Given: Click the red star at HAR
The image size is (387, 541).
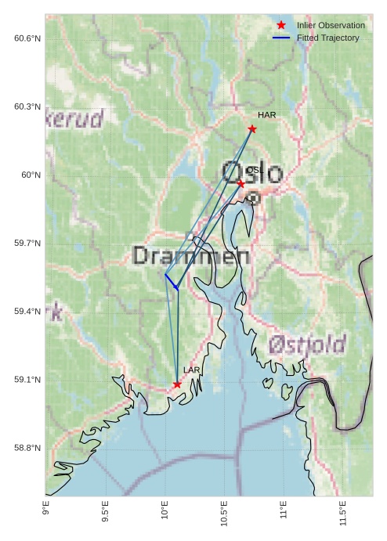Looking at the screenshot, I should [252, 128].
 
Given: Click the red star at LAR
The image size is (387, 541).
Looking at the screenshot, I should [177, 384].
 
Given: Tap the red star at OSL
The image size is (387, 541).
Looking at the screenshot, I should [241, 183].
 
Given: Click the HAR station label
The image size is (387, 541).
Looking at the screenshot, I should [266, 115].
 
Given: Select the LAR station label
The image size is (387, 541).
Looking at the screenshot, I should [192, 370].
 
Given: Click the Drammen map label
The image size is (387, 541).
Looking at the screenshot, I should [191, 256].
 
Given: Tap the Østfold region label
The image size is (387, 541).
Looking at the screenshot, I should [306, 344].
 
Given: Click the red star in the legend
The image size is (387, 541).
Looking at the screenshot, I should [281, 25].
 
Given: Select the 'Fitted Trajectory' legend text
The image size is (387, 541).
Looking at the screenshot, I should [327, 38].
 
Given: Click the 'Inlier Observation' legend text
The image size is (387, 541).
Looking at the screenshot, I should [331, 25].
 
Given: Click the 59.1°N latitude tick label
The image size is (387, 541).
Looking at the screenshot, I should [27, 380].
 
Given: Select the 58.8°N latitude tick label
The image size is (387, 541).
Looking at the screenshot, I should [27, 448].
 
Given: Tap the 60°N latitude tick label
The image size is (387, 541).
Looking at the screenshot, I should [31, 175].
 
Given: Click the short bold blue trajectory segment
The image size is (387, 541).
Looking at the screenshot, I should [170, 281].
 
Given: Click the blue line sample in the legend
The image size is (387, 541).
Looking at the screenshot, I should [281, 38].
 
